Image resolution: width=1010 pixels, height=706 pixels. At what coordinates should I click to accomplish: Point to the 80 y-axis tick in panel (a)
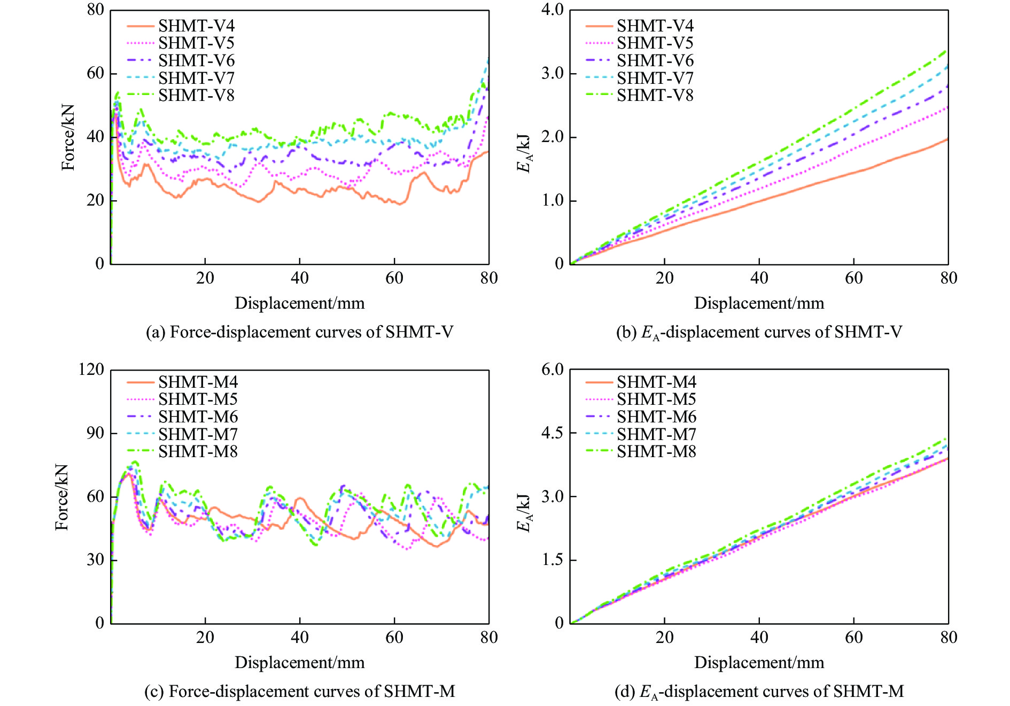(x=96, y=10)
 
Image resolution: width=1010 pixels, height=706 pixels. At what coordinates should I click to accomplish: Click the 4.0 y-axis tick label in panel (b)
(x=552, y=10)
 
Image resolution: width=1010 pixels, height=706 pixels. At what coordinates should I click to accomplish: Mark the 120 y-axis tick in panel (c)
(x=91, y=369)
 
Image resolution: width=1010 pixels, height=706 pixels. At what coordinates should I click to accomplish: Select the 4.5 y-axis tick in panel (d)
(x=552, y=433)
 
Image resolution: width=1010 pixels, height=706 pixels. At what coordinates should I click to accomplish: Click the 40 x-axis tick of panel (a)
(x=299, y=278)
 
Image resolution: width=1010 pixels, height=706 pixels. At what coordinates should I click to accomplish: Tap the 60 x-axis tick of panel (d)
(x=853, y=638)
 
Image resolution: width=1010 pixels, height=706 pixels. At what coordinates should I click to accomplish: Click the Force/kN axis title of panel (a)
(x=68, y=137)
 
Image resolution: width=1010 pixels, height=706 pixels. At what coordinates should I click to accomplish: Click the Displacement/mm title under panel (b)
(x=759, y=303)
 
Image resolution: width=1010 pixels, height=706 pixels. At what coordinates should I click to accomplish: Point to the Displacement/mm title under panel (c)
(x=299, y=663)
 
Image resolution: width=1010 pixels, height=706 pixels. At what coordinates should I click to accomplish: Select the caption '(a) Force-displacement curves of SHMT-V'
(x=299, y=332)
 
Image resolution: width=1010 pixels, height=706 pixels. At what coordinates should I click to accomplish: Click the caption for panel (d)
(x=759, y=692)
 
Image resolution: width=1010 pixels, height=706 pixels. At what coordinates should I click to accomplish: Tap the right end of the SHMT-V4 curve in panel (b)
(x=947, y=139)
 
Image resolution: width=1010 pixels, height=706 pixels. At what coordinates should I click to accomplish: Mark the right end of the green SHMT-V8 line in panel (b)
(x=947, y=51)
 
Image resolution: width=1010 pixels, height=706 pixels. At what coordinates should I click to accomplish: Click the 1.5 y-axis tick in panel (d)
(x=552, y=560)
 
